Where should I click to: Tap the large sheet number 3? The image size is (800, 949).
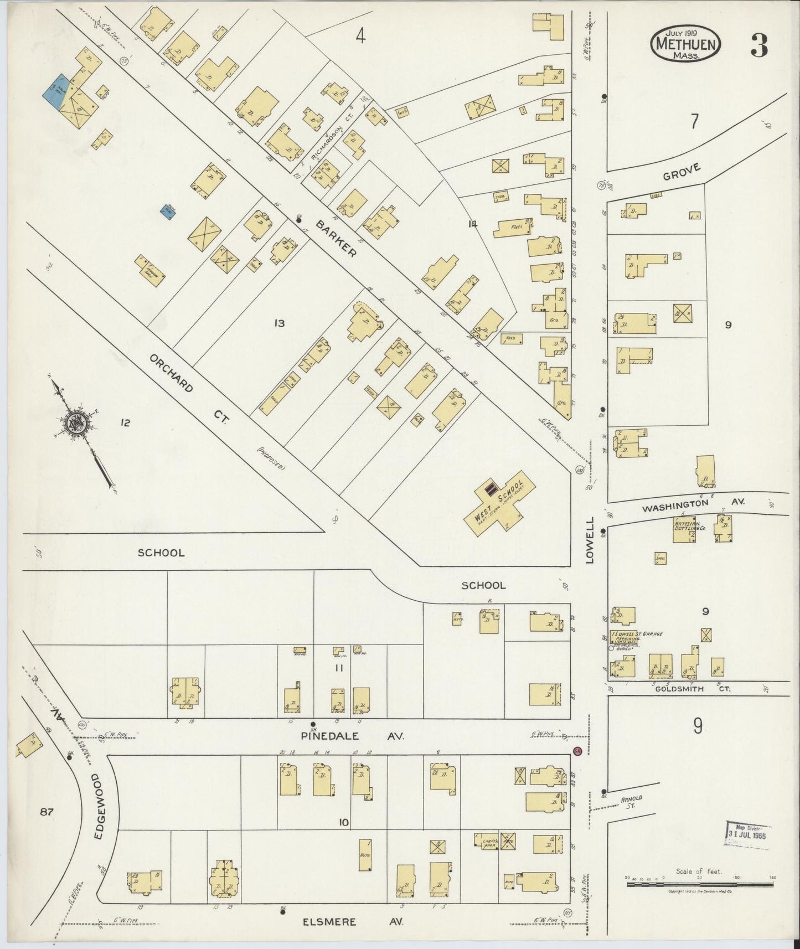pyautogui.click(x=758, y=46)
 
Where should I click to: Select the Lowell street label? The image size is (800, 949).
pyautogui.click(x=590, y=540)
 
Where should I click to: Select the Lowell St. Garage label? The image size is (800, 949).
pyautogui.click(x=637, y=635)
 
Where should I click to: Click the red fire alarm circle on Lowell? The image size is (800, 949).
pyautogui.click(x=576, y=751)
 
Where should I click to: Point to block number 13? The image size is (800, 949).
pyautogui.click(x=280, y=323)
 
